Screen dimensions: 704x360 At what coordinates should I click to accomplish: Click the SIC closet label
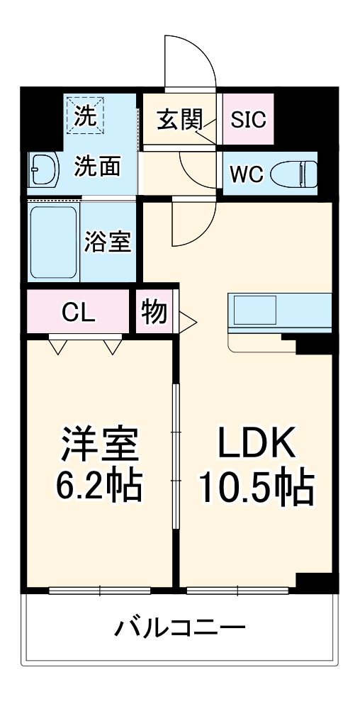coord(249,119)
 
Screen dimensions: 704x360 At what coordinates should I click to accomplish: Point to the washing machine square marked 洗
coord(86,114)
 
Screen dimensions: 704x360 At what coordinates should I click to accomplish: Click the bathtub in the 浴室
coord(53,242)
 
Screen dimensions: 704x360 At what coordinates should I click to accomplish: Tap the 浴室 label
coord(107,242)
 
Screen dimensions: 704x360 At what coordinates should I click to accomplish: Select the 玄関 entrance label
coord(179,119)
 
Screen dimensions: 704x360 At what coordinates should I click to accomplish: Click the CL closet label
coord(79,312)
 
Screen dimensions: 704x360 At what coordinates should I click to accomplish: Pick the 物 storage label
coord(154,312)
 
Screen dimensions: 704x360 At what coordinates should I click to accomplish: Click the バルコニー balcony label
coord(180,627)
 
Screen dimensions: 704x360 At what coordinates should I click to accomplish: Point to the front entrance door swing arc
coord(189,60)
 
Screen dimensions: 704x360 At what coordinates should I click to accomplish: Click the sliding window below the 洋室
coord(100,591)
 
